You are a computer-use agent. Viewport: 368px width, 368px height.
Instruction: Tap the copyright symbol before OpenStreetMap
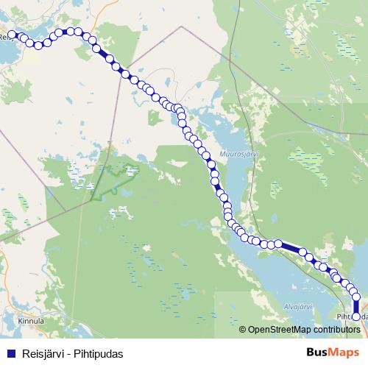point(243,330)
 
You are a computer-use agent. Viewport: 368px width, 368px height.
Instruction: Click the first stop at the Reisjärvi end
point(13,34)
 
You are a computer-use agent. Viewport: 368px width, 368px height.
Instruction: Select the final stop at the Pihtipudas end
point(356,316)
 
